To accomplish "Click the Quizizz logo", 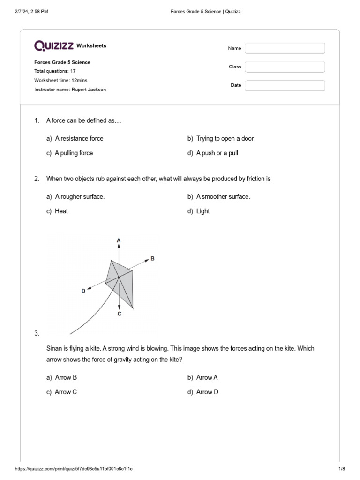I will click(x=54, y=45).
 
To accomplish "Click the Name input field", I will click(x=285, y=48).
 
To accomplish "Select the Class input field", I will click(x=285, y=67).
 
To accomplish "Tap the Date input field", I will click(x=285, y=85).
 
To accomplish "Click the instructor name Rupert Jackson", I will click(x=89, y=90).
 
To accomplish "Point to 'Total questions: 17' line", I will click(x=55, y=71).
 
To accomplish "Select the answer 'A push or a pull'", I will click(x=217, y=153).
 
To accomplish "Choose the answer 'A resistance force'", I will click(x=79, y=138).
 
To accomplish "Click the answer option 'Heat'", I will click(x=61, y=211).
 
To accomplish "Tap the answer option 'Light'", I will click(x=203, y=211).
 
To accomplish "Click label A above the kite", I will click(x=119, y=240).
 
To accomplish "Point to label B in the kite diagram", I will click(x=152, y=258).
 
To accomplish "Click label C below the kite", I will click(x=119, y=314).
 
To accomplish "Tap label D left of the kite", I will click(x=83, y=291).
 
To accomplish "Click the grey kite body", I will click(x=123, y=281).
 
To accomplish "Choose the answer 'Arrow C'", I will click(x=66, y=392).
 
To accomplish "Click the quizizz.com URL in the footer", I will click(x=77, y=469).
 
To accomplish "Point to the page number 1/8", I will click(x=341, y=469).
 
